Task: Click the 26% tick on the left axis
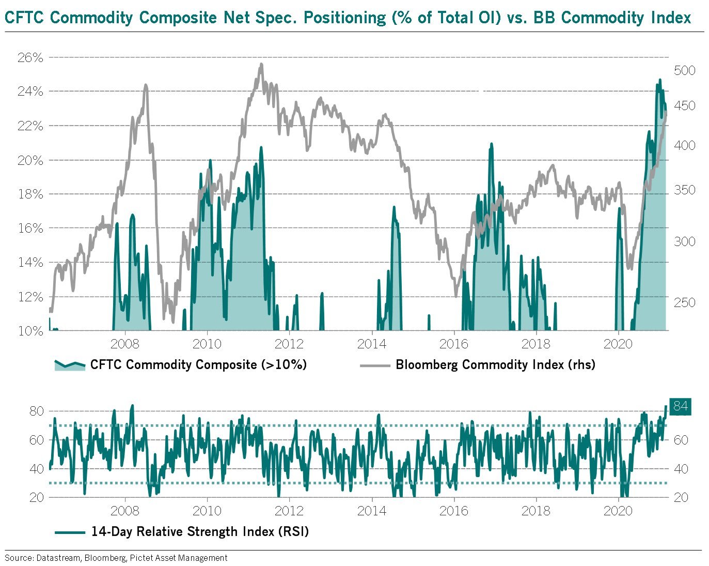pos(30,57)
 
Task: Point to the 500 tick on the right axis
pos(685,70)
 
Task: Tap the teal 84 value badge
pos(680,406)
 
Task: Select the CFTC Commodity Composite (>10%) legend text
pos(198,364)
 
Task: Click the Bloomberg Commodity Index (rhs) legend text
pos(495,364)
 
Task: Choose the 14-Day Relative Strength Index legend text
pos(200,531)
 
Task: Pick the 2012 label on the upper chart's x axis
pos(289,344)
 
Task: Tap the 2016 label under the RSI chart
pos(453,511)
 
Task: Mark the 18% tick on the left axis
pos(30,194)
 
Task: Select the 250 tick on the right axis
pos(685,302)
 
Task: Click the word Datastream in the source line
pos(58,558)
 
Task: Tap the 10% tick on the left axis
pos(30,331)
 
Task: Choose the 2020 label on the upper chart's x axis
pos(618,344)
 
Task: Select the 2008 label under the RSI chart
pos(125,511)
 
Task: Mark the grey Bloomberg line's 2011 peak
pos(261,64)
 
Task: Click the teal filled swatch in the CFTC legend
pos(70,365)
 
